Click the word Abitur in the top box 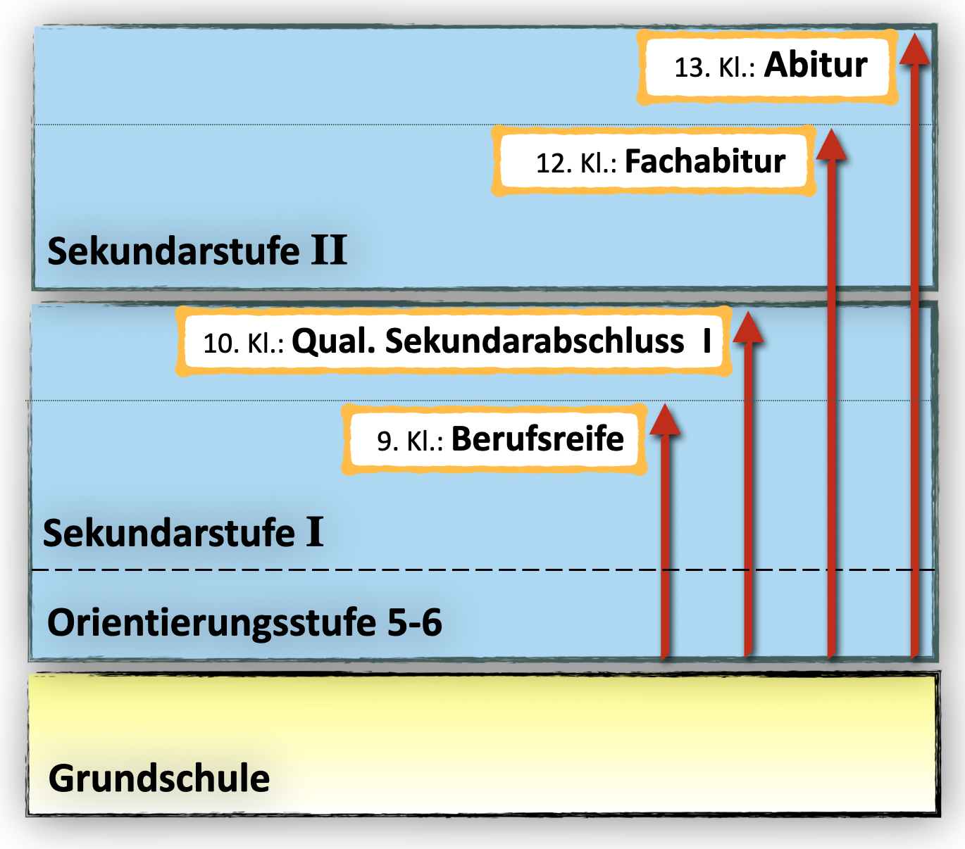[816, 65]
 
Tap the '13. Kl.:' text [714, 68]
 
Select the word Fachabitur [705, 162]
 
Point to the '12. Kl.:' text [575, 164]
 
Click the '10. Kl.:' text [243, 344]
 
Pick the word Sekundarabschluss [535, 341]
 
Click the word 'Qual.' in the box [334, 341]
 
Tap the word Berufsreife [537, 439]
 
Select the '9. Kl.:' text [409, 441]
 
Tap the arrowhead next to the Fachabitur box [832, 145]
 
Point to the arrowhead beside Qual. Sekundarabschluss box [748, 328]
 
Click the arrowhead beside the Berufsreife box [664, 420]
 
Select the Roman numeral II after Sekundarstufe [329, 251]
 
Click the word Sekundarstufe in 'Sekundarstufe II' [173, 251]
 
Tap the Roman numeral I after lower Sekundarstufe [314, 532]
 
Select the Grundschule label [159, 779]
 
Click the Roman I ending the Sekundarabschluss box [707, 341]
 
